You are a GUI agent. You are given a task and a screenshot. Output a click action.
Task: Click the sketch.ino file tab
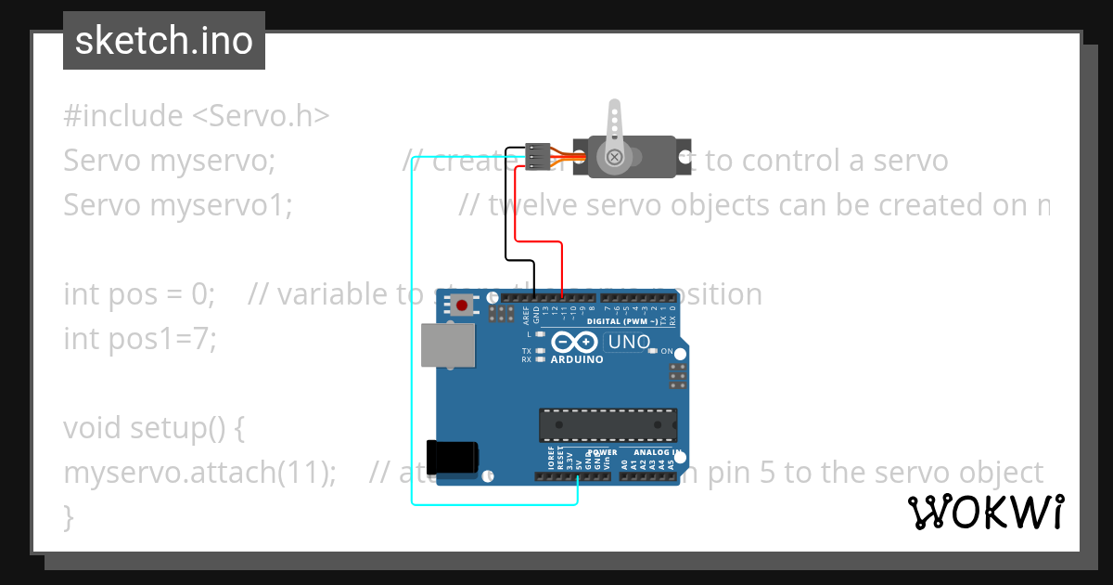(163, 41)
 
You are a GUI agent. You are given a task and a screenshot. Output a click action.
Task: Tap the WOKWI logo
(986, 512)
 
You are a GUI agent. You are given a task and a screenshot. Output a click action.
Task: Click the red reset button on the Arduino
(461, 305)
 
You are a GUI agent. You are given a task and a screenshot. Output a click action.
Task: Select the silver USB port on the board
(446, 345)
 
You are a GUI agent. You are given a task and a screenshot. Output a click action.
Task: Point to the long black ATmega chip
(608, 424)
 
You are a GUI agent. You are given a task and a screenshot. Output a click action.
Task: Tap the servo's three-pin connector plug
(537, 156)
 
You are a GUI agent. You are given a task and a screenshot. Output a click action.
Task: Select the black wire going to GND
(506, 223)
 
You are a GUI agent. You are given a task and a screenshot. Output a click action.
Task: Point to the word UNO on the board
(628, 342)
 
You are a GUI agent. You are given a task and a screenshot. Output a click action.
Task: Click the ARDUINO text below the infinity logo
(576, 359)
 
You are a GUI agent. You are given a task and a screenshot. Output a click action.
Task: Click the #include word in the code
(123, 116)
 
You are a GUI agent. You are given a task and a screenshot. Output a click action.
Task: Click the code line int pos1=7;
(139, 339)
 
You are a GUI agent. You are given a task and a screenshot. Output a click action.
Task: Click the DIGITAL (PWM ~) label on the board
(625, 321)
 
